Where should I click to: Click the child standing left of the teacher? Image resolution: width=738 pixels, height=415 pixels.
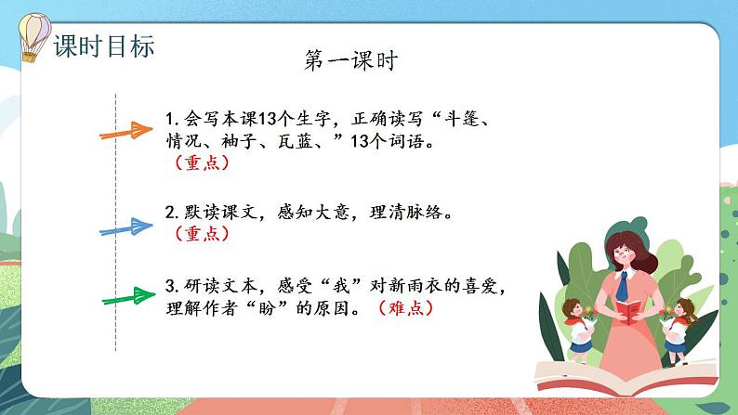pyautogui.click(x=581, y=324)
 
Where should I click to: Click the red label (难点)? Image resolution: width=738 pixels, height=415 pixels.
pyautogui.click(x=405, y=309)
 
